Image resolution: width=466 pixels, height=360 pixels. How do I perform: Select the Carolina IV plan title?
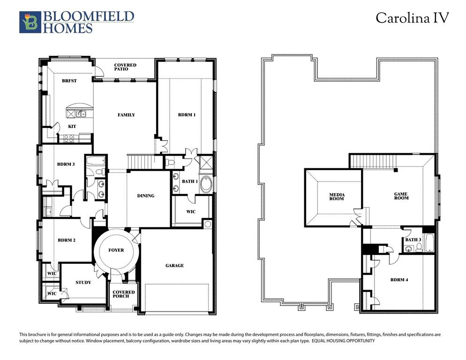pyautogui.click(x=412, y=18)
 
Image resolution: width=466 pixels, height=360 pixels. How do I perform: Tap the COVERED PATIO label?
pyautogui.click(x=125, y=67)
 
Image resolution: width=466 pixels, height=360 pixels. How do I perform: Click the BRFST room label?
pyautogui.click(x=69, y=81)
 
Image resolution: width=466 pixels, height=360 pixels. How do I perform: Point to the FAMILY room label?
pyautogui.click(x=126, y=115)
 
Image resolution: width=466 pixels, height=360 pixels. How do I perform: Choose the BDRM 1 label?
pyautogui.click(x=186, y=115)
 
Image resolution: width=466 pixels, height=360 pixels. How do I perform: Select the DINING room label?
pyautogui.click(x=145, y=196)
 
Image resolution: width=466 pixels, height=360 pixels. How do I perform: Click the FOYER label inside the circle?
pyautogui.click(x=116, y=250)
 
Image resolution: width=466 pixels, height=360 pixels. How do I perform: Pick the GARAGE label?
pyautogui.click(x=174, y=266)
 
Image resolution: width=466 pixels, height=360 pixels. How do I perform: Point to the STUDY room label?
pyautogui.click(x=83, y=282)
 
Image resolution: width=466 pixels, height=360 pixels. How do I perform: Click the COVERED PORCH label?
pyautogui.click(x=124, y=294)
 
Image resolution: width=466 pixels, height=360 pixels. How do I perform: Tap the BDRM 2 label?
pyautogui.click(x=67, y=240)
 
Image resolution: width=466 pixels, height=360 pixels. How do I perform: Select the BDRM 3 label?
pyautogui.click(x=66, y=164)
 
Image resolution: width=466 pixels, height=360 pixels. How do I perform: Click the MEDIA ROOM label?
pyautogui.click(x=336, y=196)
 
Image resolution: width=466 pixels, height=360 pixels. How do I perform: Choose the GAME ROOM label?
pyautogui.click(x=401, y=196)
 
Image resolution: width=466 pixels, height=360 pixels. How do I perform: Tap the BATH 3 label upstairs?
pyautogui.click(x=413, y=240)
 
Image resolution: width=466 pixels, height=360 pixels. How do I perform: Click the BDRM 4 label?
pyautogui.click(x=399, y=280)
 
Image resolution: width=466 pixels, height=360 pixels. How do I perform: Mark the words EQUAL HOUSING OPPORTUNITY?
pyautogui.click(x=343, y=341)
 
